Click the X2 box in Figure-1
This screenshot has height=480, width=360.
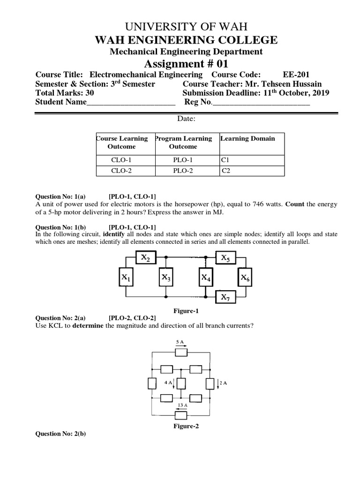(146, 257)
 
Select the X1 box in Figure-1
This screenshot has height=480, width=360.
(127, 277)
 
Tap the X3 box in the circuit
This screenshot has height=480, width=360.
(166, 277)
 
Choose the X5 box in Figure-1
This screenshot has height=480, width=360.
(225, 257)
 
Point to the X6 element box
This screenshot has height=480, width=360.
(245, 277)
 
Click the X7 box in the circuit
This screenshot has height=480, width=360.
(225, 297)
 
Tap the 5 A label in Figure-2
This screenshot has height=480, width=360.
(180, 343)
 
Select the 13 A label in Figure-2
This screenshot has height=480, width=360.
(182, 405)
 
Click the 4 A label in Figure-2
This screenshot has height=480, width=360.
(168, 383)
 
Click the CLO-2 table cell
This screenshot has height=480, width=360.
(121, 171)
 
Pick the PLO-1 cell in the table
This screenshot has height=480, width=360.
(183, 160)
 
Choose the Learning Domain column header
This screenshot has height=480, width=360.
(247, 139)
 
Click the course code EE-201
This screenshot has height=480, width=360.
(296, 75)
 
